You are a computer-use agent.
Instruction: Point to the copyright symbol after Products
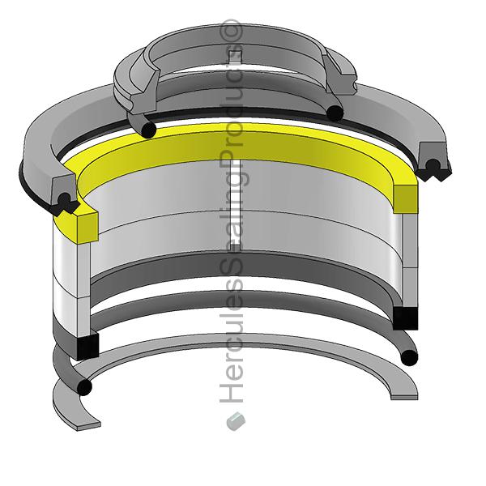(234, 31)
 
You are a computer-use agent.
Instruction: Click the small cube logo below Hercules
(235, 420)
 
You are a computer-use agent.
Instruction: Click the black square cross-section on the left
(85, 346)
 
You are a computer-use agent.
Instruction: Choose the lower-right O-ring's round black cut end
(410, 357)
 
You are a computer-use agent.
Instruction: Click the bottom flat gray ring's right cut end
(403, 394)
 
